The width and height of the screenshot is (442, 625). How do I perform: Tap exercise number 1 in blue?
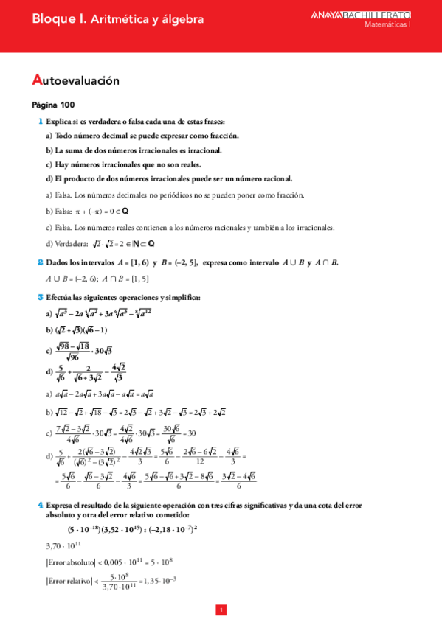pos(40,121)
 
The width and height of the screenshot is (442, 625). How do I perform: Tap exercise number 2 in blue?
pos(40,262)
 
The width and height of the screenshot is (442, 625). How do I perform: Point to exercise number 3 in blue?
pos(40,297)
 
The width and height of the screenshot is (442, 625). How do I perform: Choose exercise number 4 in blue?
pos(40,505)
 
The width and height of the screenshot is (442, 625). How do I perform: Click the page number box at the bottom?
pos(221,610)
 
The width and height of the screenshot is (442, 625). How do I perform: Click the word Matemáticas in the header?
pos(387,24)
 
